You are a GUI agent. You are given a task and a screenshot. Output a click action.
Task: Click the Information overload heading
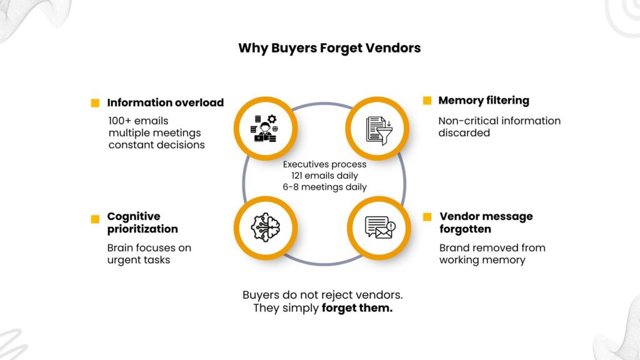165,102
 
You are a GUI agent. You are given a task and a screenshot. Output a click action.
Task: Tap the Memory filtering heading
483,100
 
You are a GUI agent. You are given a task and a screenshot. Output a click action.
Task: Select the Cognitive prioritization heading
142,222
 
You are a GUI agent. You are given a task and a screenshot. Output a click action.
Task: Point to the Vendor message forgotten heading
486,222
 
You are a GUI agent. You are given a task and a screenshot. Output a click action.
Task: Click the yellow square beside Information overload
95,103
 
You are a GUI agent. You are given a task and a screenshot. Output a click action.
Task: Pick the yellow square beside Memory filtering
427,101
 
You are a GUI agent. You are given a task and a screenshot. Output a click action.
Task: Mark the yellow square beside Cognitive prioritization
95,219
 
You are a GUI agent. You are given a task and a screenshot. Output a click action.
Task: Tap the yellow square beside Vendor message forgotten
427,217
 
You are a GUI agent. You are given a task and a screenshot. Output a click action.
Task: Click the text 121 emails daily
324,176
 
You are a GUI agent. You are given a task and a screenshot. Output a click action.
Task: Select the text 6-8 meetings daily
324,187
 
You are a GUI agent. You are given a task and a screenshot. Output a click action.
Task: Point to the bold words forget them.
357,308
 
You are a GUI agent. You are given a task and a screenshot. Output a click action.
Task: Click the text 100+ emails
138,121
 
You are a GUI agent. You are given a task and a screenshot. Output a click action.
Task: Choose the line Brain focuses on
149,247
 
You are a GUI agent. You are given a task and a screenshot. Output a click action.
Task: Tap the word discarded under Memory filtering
464,132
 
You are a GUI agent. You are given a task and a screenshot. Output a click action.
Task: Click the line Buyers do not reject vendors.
322,294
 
